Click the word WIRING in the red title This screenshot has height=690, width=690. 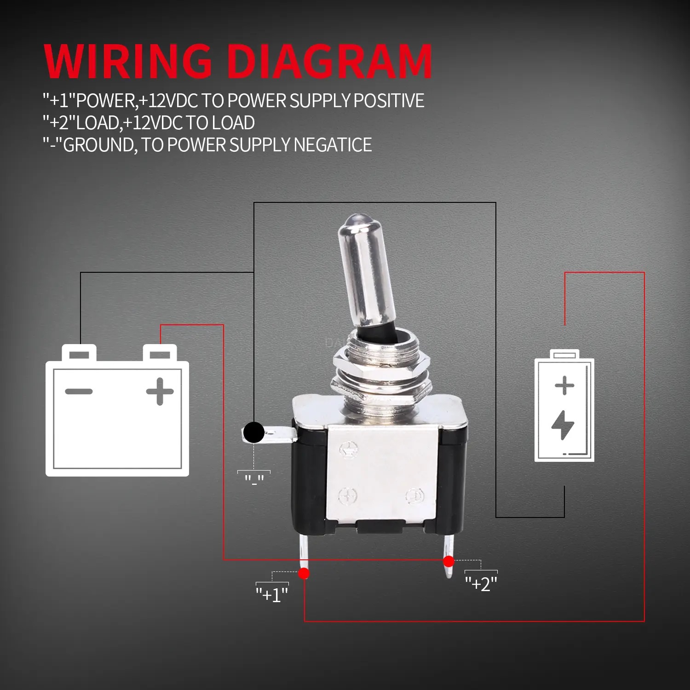click(128, 61)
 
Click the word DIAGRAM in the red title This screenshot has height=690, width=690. click(330, 61)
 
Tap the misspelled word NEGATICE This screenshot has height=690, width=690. click(333, 145)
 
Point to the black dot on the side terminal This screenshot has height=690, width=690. click(253, 432)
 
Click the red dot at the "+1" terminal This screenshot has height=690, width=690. click(304, 573)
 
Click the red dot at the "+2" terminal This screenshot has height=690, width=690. click(448, 561)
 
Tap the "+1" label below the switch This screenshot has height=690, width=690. click(272, 594)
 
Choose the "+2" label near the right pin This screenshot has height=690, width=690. click(481, 584)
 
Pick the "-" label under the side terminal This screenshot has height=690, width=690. click(254, 479)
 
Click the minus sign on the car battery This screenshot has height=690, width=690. click(79, 391)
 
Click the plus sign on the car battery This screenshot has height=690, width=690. click(160, 391)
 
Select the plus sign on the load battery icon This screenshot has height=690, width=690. click(564, 385)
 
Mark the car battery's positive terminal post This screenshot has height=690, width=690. click(160, 353)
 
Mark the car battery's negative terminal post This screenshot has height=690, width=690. click(79, 353)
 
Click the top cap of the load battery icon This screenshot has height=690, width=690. click(564, 354)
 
